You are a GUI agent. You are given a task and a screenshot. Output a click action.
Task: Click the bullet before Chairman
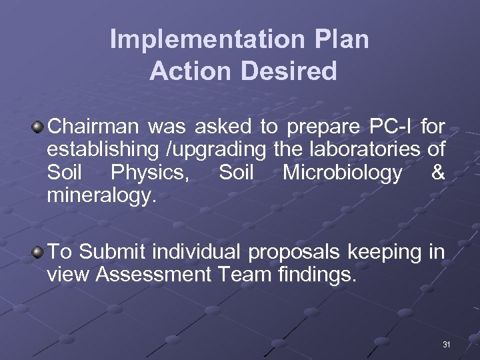pos(39,126)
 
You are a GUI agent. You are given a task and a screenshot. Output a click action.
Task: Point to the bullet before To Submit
pos(39,252)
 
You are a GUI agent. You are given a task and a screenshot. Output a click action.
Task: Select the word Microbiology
pos(342,173)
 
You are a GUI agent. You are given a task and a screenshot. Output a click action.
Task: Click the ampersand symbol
pos(438,173)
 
